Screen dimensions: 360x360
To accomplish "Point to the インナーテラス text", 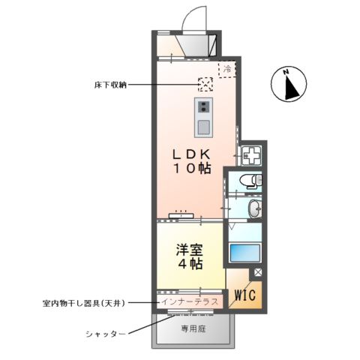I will tap(190, 301).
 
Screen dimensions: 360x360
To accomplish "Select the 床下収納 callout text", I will tap(106, 85).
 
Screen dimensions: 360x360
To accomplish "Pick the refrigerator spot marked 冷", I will tap(226, 69).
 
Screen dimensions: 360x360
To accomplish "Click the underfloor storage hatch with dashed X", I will tap(205, 84).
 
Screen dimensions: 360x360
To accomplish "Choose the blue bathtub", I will tap(246, 251).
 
